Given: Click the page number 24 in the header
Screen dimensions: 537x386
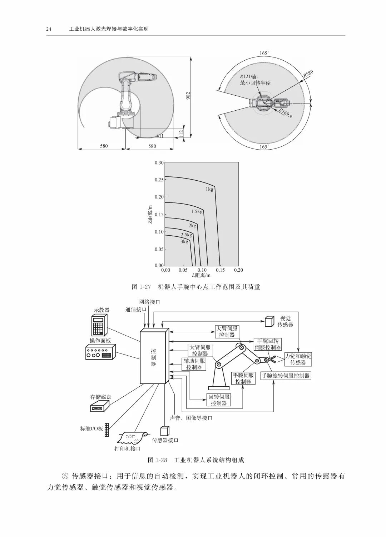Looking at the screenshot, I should click(49, 29).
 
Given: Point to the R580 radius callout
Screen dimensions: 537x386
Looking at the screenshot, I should click(308, 74).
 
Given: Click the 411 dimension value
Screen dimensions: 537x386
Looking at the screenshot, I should click(160, 136).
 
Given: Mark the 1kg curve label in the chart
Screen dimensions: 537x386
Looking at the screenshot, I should click(209, 189).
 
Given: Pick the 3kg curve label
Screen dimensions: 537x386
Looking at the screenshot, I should click(184, 242).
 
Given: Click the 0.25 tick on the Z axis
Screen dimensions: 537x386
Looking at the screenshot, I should click(159, 180).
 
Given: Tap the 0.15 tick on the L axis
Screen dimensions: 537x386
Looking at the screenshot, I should click(220, 270).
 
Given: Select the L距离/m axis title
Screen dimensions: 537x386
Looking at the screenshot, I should click(201, 275).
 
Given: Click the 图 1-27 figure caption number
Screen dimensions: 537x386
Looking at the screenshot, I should click(142, 287).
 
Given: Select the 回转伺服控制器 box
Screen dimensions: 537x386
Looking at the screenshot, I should click(219, 400).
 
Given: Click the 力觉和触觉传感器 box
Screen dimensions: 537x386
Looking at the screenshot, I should click(298, 359).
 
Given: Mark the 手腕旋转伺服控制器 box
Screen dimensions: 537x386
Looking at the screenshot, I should click(286, 376).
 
